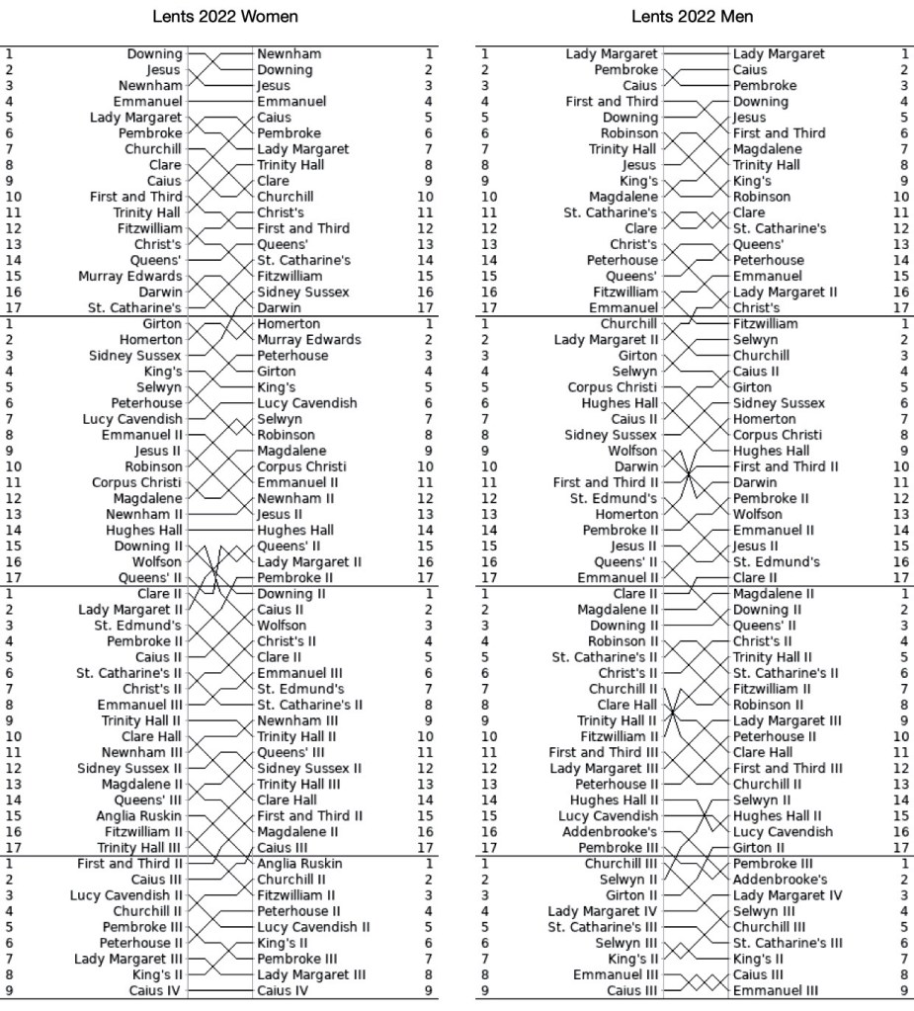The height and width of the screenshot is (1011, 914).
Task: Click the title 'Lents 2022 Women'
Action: [225, 17]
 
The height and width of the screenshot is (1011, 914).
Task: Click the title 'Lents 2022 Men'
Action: [692, 17]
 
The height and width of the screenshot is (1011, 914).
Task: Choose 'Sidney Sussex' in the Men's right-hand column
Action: [779, 403]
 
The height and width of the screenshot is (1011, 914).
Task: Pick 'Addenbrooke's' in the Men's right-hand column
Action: [780, 879]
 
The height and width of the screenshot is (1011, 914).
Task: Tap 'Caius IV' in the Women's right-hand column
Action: [283, 989]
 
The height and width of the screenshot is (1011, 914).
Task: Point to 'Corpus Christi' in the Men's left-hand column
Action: [613, 387]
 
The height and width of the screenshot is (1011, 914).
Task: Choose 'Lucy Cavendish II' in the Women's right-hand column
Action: [313, 926]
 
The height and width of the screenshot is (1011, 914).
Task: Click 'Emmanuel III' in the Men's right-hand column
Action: [776, 989]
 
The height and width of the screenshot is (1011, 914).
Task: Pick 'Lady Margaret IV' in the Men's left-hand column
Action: [603, 910]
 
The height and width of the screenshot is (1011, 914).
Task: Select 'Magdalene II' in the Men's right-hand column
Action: [773, 593]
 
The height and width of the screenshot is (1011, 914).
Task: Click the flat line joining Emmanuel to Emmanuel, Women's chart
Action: [219, 102]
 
